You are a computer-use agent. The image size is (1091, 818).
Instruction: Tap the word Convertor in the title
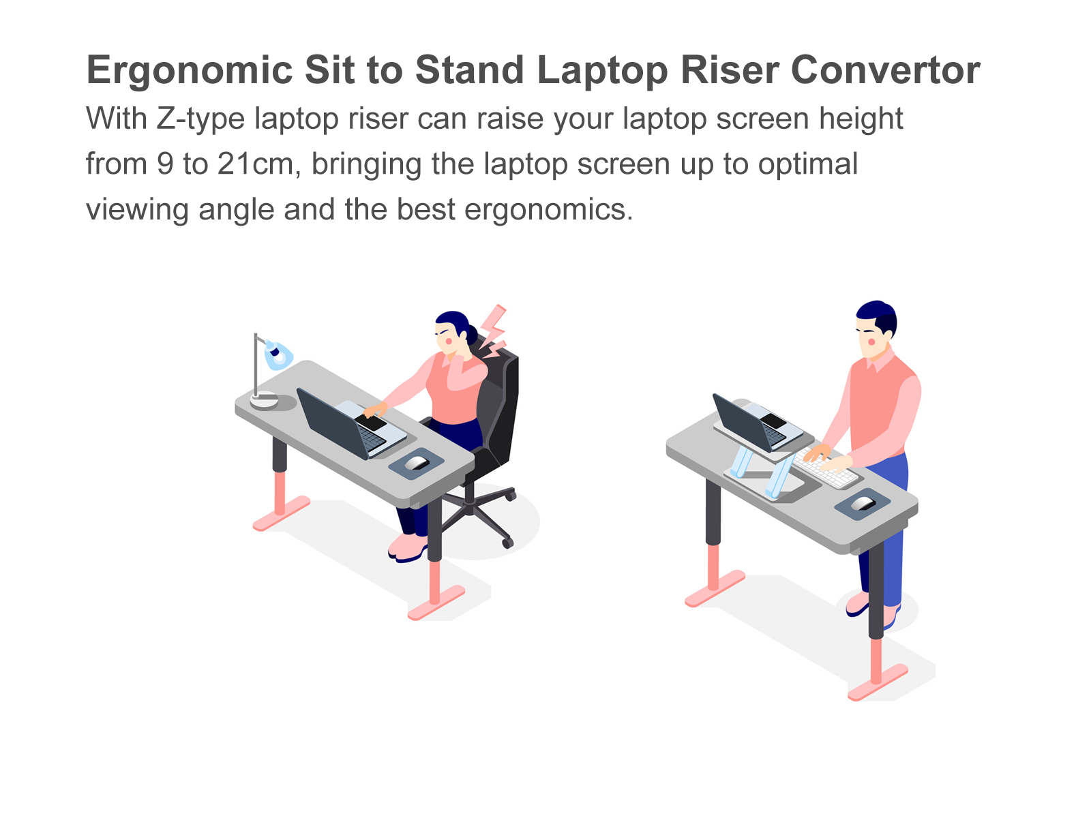[885, 70]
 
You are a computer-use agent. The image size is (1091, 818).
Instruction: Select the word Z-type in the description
[200, 120]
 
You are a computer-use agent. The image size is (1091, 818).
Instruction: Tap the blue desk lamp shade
[278, 354]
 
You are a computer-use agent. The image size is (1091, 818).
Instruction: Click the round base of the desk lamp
[264, 399]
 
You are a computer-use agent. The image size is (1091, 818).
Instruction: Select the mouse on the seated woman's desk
[417, 463]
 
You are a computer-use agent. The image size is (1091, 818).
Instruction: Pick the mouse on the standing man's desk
[863, 504]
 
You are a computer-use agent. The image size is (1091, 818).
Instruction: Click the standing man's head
[876, 328]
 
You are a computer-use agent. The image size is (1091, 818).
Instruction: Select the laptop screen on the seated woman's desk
[332, 423]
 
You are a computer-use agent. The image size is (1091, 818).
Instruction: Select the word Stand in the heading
[470, 70]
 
